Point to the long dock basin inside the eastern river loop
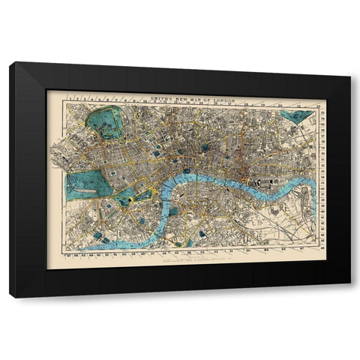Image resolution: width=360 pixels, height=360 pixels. click(301, 196)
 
